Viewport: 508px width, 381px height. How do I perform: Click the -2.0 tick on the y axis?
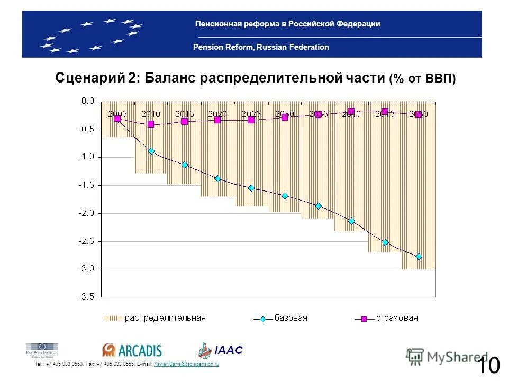pos(87,213)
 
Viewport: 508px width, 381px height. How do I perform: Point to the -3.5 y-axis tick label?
pos(87,297)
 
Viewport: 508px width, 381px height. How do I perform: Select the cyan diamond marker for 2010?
pos(151,151)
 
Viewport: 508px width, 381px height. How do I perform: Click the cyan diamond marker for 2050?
pos(419,257)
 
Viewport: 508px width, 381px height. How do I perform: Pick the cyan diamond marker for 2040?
pos(351,221)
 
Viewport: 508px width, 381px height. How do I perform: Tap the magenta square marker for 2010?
pos(151,124)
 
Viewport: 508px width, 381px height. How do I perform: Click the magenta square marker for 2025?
pos(251,120)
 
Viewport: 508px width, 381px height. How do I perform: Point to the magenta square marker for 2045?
pos(385,112)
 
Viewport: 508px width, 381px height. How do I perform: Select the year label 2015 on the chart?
pos(185,114)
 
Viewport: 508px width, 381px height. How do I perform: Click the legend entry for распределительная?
pos(154,318)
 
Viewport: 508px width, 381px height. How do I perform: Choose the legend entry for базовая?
pos(281,318)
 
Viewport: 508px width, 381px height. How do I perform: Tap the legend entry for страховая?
pos(387,318)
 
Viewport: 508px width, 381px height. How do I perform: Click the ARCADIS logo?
pos(132,350)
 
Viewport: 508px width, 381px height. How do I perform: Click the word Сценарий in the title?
pos(89,78)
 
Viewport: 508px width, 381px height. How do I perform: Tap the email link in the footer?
pos(186,365)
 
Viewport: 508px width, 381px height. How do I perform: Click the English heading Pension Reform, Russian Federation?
pos(261,47)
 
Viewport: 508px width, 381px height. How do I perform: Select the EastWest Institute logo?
pos(42,350)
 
